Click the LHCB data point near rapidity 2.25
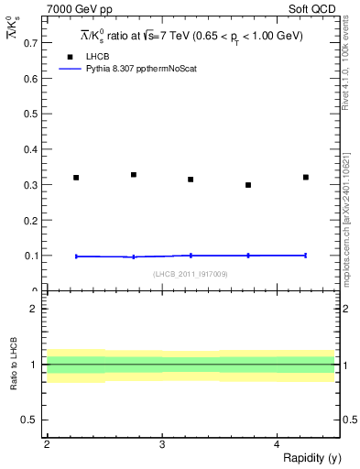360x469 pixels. [x=76, y=178]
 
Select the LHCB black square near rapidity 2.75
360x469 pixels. [x=134, y=175]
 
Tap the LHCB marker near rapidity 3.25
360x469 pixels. [x=191, y=180]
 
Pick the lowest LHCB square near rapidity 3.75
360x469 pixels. [x=248, y=185]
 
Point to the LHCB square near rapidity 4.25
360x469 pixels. [x=306, y=177]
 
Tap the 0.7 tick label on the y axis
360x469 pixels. [x=30, y=42]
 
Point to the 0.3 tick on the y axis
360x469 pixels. [x=30, y=184]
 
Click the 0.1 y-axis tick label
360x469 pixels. [x=30, y=256]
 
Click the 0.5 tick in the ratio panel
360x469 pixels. [x=30, y=420]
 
